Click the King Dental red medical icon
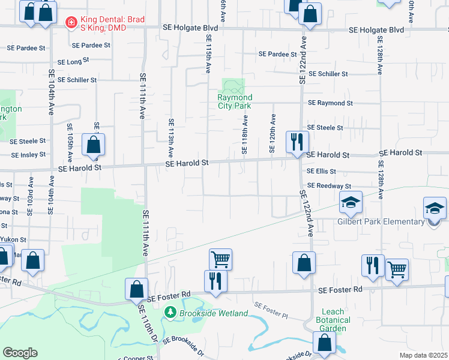point(71,23)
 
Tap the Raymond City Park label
point(235,101)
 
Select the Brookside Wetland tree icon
point(170,313)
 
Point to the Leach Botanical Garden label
point(333,320)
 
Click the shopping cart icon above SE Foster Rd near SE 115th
point(220,260)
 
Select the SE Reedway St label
point(329,187)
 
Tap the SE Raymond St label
point(330,103)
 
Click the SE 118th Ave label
point(245,135)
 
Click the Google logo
point(20,353)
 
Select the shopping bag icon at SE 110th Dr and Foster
point(136,289)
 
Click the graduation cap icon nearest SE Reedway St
point(351,203)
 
